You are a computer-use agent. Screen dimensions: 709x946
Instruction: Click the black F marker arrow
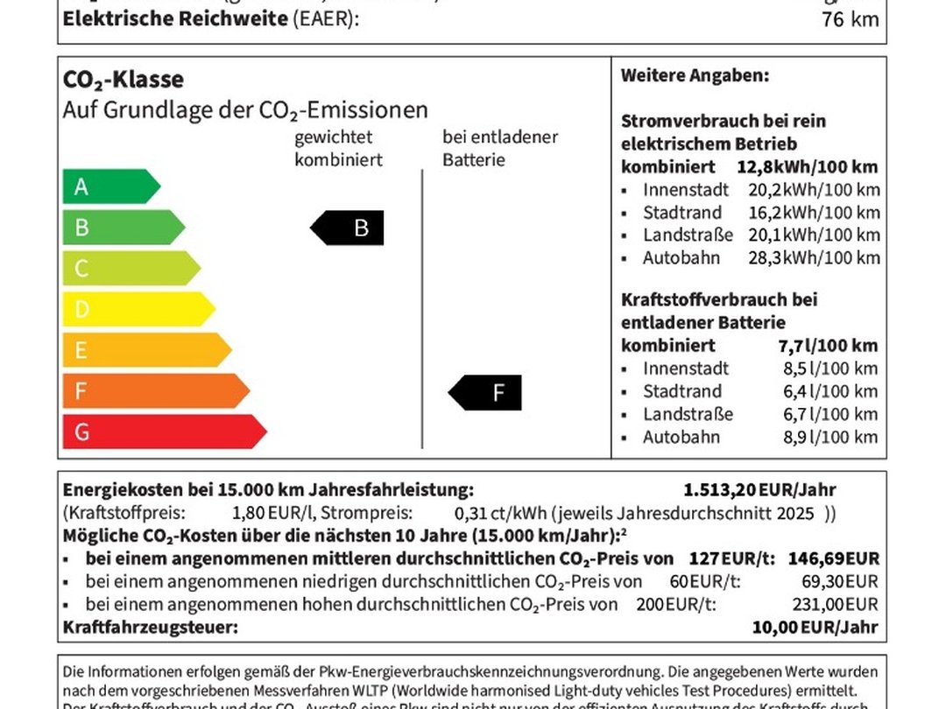pos(486,393)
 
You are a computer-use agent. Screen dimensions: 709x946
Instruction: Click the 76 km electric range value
pos(850,18)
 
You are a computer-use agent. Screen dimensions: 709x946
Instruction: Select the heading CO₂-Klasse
pos(124,80)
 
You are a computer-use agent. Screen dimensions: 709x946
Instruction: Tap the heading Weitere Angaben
pos(695,75)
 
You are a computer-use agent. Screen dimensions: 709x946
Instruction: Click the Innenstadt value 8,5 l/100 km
pos(822,369)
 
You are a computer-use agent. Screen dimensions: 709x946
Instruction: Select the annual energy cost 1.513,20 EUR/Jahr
pos(759,490)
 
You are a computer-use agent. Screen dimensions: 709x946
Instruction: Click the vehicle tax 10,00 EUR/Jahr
pos(815,627)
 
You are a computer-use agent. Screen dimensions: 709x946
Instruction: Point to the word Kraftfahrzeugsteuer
pos(150,627)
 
